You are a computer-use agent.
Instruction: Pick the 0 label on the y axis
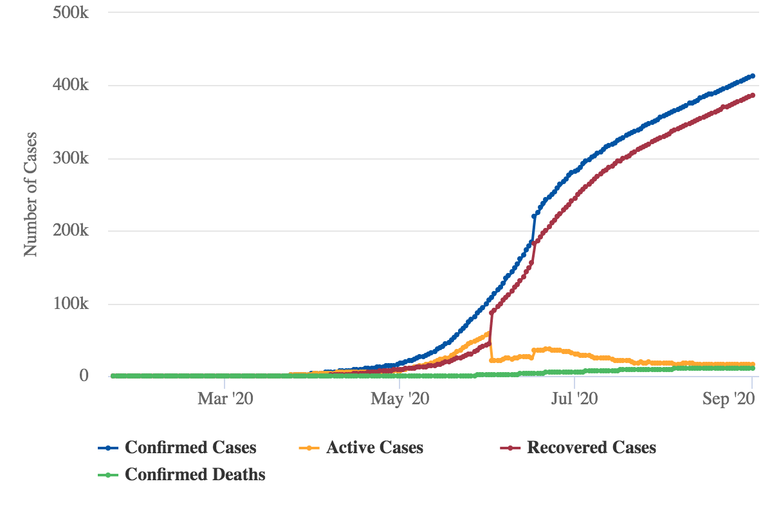83,376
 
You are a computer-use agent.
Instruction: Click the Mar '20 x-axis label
225,399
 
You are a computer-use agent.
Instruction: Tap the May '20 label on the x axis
400,399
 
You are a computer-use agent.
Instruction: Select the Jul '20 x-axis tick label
575,399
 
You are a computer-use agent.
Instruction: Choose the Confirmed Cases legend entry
190,447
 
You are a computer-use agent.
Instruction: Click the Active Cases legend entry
374,447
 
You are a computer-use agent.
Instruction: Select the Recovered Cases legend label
591,447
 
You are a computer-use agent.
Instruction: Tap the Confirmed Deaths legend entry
195,475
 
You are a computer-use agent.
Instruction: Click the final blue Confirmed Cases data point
752,76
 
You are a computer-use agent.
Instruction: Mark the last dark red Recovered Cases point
752,95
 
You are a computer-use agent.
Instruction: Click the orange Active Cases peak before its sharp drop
489,333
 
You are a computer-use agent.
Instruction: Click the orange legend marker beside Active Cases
309,447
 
